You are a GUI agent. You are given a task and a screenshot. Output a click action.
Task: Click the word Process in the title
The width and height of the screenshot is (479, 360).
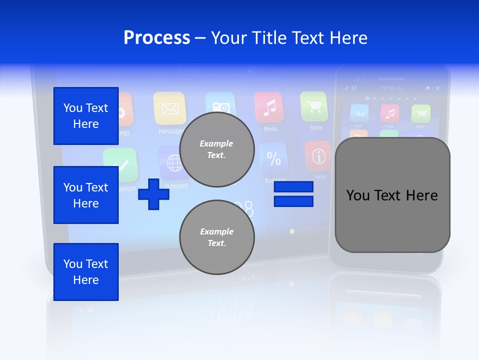[x=157, y=38]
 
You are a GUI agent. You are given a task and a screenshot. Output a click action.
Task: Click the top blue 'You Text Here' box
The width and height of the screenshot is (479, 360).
[x=86, y=116]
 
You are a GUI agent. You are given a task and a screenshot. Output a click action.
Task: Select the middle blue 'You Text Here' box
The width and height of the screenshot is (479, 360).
[x=86, y=195]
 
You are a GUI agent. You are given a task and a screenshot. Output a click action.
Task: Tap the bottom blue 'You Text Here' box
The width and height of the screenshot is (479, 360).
[x=86, y=272]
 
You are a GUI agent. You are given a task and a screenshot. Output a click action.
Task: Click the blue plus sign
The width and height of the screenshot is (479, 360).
[x=154, y=194]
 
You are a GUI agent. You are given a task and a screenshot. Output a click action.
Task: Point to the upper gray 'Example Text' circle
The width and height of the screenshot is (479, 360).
[x=217, y=149]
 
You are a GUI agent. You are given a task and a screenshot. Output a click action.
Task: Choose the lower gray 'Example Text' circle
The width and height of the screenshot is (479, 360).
[x=217, y=237]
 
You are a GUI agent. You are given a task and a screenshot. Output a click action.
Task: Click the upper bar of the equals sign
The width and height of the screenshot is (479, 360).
[x=293, y=187]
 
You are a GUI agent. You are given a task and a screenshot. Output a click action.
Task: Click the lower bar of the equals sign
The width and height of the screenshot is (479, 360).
[x=293, y=201]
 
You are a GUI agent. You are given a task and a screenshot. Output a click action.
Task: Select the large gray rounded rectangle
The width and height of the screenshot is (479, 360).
[x=392, y=195]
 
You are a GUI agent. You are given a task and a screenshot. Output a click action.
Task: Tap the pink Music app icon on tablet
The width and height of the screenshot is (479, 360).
[x=268, y=107]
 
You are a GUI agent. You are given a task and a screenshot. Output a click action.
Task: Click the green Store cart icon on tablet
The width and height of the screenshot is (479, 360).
[x=314, y=106]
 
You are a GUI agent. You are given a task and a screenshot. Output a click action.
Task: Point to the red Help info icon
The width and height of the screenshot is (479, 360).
[x=318, y=156]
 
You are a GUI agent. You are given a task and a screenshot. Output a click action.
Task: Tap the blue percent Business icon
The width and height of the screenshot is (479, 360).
[x=273, y=159]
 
